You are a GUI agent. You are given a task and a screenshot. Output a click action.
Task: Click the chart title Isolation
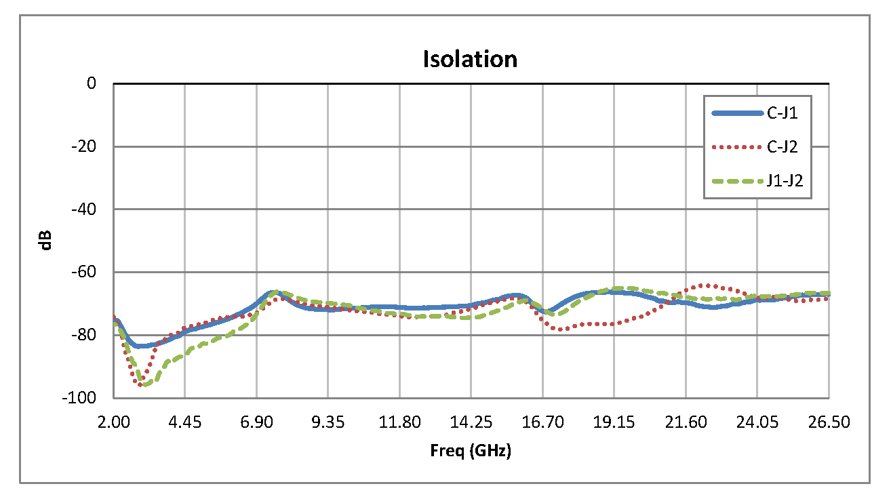[x=470, y=59]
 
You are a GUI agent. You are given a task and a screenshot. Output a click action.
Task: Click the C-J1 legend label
[x=782, y=114]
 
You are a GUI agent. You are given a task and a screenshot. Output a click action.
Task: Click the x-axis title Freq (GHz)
[x=470, y=451]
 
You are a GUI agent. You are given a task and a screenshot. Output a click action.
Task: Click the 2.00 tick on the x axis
[x=113, y=422]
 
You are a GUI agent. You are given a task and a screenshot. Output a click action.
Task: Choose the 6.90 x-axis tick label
[x=256, y=422]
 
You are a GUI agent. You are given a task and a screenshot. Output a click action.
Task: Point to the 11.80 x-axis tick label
[x=399, y=422]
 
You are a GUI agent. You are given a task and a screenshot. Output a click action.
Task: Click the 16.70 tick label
[x=542, y=422]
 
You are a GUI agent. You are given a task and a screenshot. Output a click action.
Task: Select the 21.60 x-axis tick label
[x=686, y=422]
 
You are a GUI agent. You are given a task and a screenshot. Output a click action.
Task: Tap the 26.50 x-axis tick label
[x=829, y=422]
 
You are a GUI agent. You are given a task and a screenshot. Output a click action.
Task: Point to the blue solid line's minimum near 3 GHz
[x=140, y=346]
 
